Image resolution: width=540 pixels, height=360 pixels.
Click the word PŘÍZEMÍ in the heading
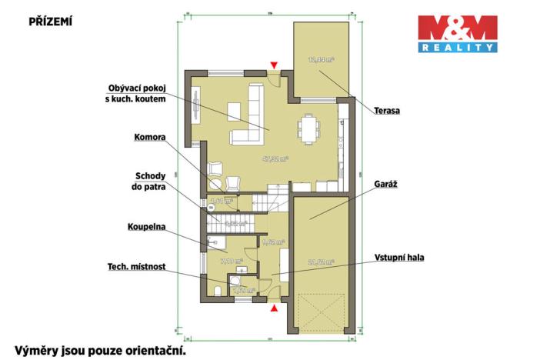point(51,21)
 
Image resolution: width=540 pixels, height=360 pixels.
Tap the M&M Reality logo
point(457,35)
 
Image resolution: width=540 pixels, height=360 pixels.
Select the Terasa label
point(386,110)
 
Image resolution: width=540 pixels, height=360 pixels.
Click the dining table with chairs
point(308,128)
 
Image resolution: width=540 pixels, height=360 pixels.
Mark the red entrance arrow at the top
point(272,66)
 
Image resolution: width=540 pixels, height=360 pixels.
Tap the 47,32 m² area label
point(274,160)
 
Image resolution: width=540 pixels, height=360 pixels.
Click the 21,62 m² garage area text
point(321,262)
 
